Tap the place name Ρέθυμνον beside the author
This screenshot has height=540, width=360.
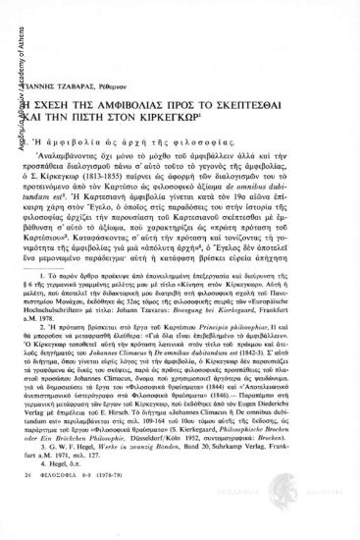tap(150, 58)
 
